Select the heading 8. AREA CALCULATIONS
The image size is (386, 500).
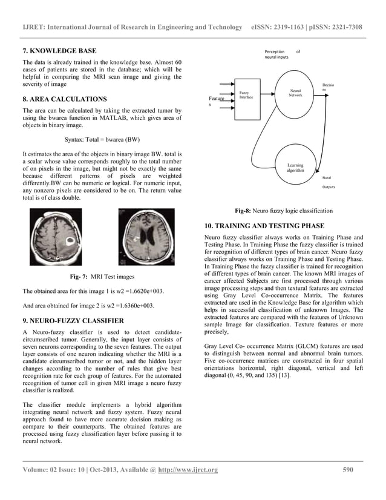pyautogui.click(x=64, y=99)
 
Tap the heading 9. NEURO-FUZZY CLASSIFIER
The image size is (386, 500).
pyautogui.click(x=73, y=320)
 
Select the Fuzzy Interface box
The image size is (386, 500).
pyautogui.click(x=246, y=94)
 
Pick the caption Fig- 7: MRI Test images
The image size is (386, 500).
pyautogui.click(x=102, y=277)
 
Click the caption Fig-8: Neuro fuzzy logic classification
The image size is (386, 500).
pyautogui.click(x=283, y=211)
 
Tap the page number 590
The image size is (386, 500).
pyautogui.click(x=347, y=470)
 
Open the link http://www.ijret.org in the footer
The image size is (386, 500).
pyautogui.click(x=188, y=470)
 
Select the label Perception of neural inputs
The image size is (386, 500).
pyautogui.click(x=281, y=54)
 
